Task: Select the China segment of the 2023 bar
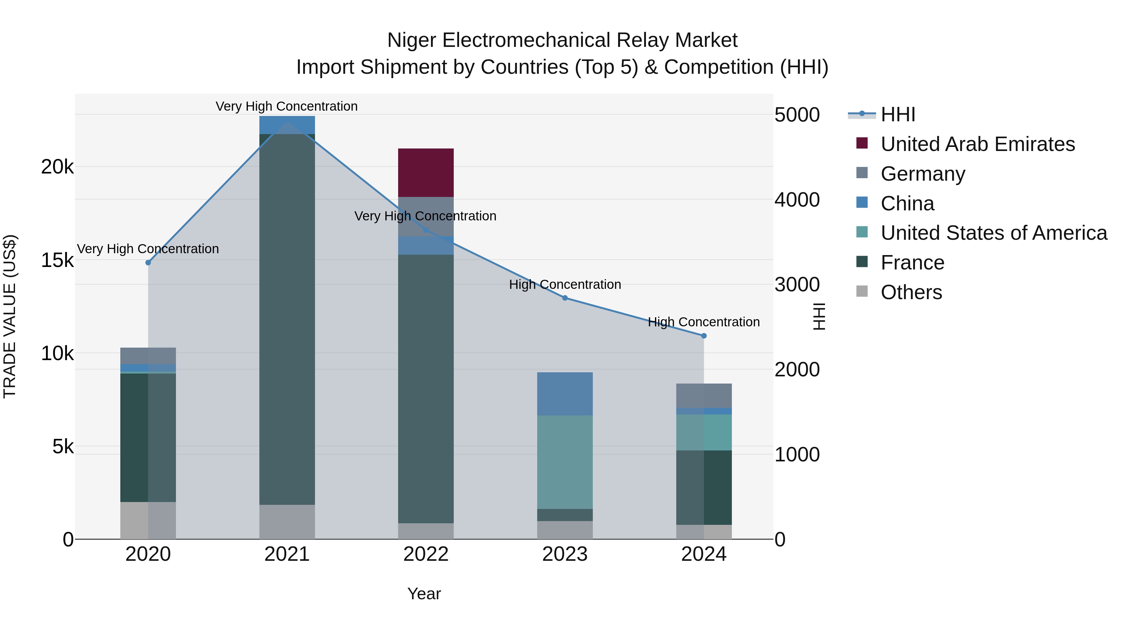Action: click(564, 394)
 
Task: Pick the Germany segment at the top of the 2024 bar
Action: click(703, 395)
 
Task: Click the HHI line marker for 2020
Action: click(148, 263)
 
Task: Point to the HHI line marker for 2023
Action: click(565, 298)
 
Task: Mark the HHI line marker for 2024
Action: click(703, 336)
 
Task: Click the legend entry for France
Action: click(912, 263)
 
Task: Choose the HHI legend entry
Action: click(897, 114)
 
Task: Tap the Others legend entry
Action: click(911, 292)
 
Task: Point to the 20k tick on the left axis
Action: click(57, 167)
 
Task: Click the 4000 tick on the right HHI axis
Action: click(797, 200)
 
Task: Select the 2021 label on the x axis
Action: click(287, 554)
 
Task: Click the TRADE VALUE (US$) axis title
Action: click(10, 316)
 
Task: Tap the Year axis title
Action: click(424, 594)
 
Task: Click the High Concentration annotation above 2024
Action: click(703, 322)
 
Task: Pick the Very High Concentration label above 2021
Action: click(287, 106)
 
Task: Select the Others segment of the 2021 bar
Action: click(287, 522)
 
